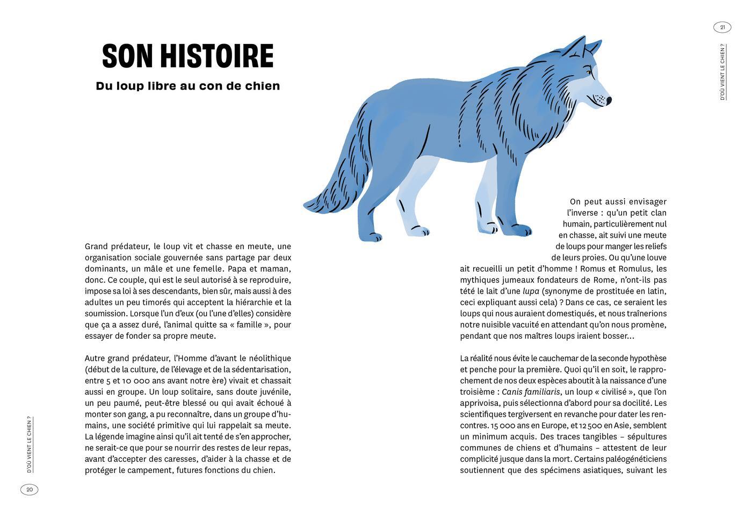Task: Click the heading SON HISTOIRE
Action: pos(187,56)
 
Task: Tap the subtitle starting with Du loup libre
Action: pos(187,86)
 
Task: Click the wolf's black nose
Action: pos(609,100)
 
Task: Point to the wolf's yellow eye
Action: pos(589,72)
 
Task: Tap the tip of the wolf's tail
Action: pos(308,205)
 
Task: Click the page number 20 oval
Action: pos(30,489)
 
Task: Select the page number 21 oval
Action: pos(722,27)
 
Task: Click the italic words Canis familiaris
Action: pos(531,391)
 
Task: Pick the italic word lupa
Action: pos(531,291)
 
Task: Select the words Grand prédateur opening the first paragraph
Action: pos(115,246)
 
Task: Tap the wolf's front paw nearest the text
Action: pos(520,230)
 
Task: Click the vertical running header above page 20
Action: pos(30,444)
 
